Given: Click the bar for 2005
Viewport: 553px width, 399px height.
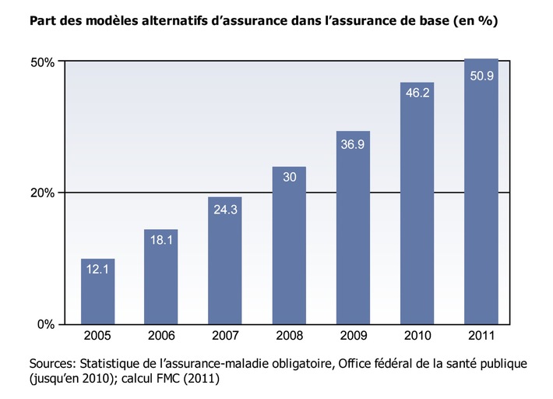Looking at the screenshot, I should [x=97, y=292].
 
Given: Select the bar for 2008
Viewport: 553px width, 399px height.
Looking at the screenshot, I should [x=289, y=245].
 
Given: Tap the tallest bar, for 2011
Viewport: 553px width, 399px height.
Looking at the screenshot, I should [x=481, y=191].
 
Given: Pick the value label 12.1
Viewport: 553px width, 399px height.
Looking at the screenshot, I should [x=97, y=270].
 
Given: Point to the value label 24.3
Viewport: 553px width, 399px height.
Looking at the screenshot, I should [x=225, y=209].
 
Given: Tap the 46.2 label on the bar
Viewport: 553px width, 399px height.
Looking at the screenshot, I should [x=417, y=93].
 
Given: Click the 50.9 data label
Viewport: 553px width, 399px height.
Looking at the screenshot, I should [x=481, y=76].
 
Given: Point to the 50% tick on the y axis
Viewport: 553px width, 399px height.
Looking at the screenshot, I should [x=43, y=62].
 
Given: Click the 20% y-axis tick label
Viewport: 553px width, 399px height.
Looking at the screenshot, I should [x=43, y=192].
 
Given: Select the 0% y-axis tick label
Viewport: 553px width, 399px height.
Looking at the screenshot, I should [x=46, y=323].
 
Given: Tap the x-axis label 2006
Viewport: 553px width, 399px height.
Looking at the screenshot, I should [x=161, y=336].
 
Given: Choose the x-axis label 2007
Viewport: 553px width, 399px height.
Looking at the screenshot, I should [x=225, y=336].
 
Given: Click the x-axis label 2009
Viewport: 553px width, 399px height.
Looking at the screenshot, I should [x=353, y=336].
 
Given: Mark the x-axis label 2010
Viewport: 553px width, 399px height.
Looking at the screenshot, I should [x=417, y=336].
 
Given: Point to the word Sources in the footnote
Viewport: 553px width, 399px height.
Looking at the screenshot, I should [x=52, y=364].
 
